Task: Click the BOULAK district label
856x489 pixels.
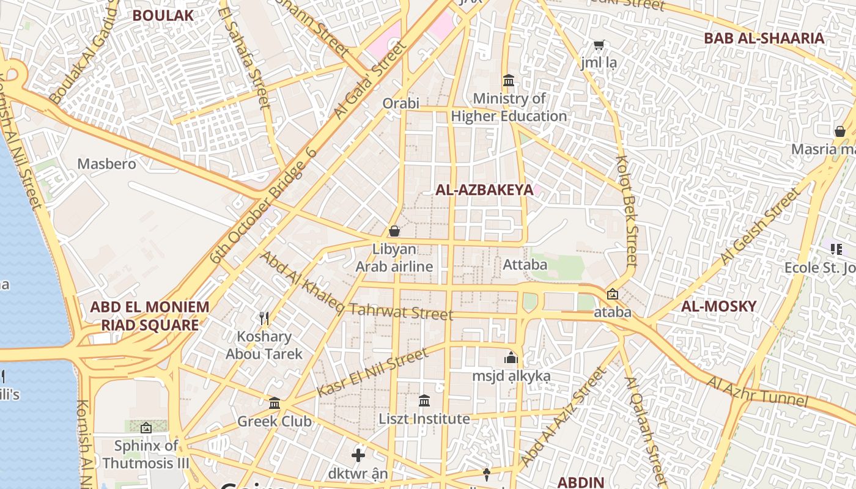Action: click(163, 15)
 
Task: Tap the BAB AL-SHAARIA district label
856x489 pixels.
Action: click(764, 39)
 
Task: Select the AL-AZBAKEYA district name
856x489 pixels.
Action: click(484, 190)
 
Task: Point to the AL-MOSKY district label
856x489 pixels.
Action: click(718, 306)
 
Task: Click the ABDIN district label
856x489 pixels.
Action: click(581, 482)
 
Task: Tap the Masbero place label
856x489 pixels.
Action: click(106, 164)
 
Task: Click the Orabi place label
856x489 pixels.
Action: click(400, 103)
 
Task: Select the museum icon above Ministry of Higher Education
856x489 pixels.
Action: click(508, 80)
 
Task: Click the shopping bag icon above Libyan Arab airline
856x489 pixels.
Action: click(394, 231)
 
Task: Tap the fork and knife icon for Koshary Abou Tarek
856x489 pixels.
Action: click(264, 318)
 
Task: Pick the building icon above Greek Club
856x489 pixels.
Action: click(275, 403)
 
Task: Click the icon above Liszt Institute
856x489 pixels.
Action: click(424, 400)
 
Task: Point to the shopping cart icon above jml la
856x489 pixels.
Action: click(599, 45)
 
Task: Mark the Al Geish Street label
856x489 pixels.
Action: click(759, 227)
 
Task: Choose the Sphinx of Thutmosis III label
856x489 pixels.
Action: click(146, 454)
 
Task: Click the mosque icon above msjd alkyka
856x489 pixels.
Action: click(511, 358)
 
